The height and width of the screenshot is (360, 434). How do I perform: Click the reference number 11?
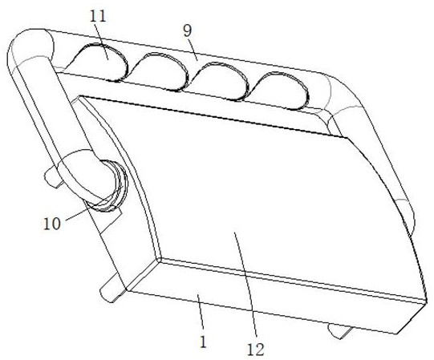98,17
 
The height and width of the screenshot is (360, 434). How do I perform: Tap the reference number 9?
188,31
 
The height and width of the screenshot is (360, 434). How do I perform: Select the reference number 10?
52,224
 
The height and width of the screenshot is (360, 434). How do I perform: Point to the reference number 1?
203,342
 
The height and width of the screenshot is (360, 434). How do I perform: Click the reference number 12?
255,350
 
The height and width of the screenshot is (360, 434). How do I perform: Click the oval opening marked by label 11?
97,62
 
